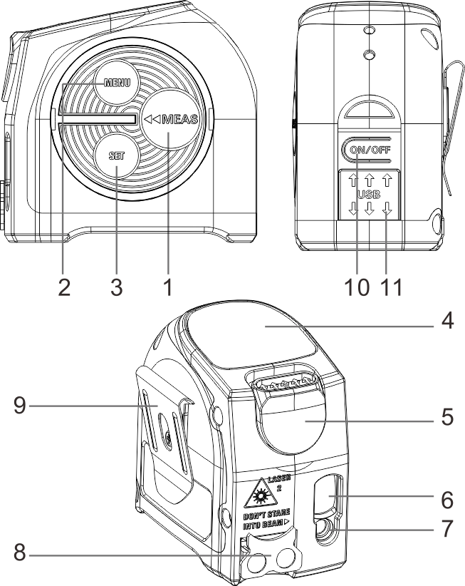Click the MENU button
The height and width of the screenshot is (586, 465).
point(114,82)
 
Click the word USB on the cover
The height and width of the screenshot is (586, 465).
point(368,194)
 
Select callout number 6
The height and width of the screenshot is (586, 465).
point(446,500)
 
